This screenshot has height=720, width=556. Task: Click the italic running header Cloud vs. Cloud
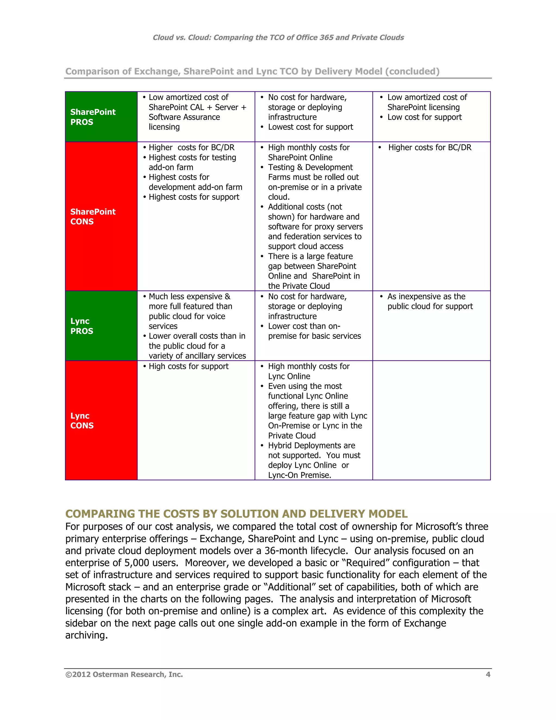[278, 37]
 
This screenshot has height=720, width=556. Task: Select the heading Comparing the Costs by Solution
[236, 513]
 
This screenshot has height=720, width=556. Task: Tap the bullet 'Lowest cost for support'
[310, 127]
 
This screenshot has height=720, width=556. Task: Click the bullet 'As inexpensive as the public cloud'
[429, 301]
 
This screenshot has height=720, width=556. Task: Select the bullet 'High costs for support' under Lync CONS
[188, 366]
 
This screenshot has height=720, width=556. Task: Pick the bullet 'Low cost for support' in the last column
[424, 117]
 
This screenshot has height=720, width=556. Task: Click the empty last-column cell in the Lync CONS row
[431, 420]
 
